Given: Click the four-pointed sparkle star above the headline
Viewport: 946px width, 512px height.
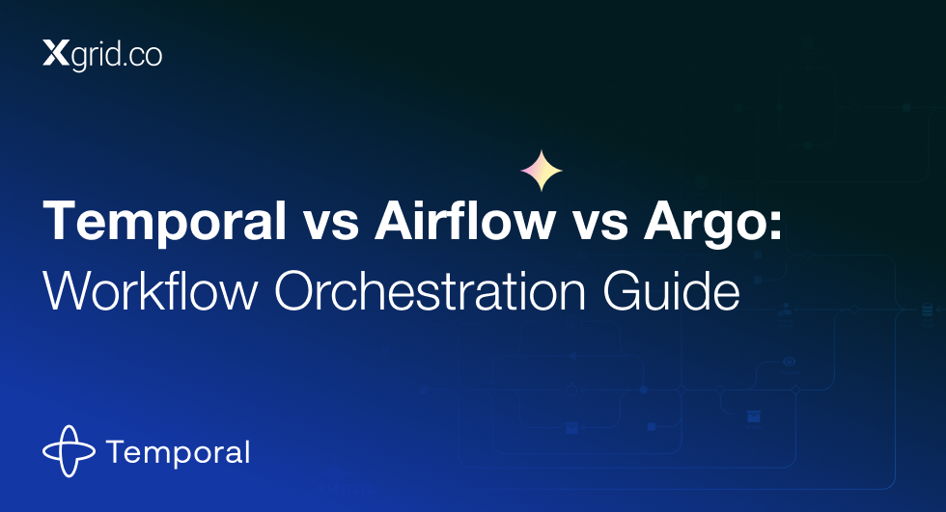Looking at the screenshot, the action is (x=542, y=171).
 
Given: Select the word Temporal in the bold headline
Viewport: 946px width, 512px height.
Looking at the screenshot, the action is (x=164, y=223).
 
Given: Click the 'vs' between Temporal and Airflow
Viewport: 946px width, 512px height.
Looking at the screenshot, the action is (x=330, y=226).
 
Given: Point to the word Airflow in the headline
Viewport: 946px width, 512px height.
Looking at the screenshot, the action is (x=465, y=220).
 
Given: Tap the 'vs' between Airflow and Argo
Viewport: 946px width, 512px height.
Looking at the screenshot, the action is (x=600, y=226).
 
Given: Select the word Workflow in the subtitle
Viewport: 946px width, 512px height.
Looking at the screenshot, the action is (x=151, y=291).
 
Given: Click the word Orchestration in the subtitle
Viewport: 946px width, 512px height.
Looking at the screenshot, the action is (x=431, y=291).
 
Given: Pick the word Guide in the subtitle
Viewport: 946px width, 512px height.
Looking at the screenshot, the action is (x=671, y=291).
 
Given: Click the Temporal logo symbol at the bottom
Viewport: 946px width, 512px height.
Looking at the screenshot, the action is (x=69, y=451).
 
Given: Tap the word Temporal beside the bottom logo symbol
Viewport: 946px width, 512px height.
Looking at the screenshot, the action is (x=178, y=453).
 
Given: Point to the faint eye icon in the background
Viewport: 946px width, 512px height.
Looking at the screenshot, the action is (x=790, y=362).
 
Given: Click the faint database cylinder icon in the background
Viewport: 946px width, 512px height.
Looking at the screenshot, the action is (x=928, y=309).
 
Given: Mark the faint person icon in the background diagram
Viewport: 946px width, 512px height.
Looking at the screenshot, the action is (x=785, y=310).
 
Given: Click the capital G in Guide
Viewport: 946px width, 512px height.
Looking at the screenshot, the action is (x=623, y=291).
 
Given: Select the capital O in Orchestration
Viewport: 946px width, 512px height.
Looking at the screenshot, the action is (x=294, y=291).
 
